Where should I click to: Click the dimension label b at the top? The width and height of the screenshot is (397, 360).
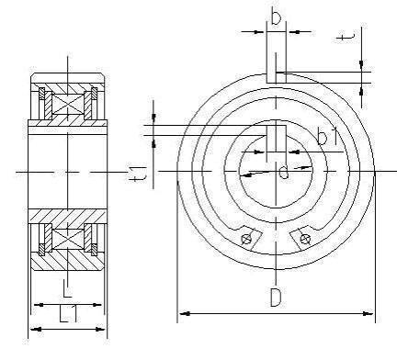(276, 17)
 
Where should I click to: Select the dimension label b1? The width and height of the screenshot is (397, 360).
(327, 137)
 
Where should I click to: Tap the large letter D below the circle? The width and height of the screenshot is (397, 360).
(276, 297)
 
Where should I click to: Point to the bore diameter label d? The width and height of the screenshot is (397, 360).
(284, 171)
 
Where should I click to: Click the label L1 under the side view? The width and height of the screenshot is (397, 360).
(68, 313)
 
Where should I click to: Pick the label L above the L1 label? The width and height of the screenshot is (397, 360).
(67, 288)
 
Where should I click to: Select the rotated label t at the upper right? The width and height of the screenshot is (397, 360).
(346, 37)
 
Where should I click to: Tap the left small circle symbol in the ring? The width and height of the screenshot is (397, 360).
(246, 239)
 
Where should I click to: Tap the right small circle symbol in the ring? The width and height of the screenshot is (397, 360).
(305, 239)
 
